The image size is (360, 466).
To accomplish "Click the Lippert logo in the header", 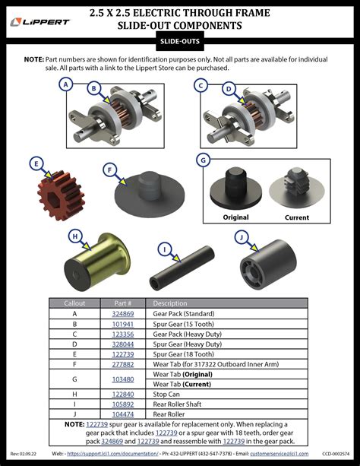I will click(x=41, y=21).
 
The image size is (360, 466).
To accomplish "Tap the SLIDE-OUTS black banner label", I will click(x=179, y=42).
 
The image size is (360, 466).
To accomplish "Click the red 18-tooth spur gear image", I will click(x=60, y=193).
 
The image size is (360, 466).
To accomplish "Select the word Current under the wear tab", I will click(x=296, y=217).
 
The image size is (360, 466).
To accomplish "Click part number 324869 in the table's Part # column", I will click(x=123, y=313).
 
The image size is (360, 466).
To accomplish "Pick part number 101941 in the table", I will click(x=123, y=323).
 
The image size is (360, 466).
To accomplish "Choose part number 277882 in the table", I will click(x=123, y=363).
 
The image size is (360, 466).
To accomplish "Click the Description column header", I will click(x=169, y=303).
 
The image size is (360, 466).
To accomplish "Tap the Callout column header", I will click(x=74, y=303).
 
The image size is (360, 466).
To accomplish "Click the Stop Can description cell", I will click(x=168, y=394).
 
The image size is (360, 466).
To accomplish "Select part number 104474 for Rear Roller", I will click(x=123, y=414).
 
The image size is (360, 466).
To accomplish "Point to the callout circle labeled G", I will click(x=203, y=160).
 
